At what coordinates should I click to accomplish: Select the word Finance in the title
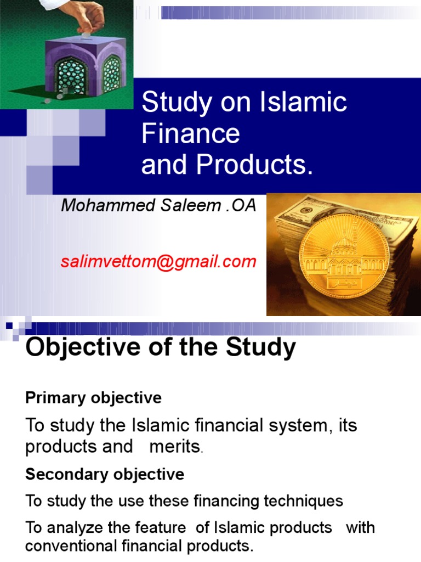point(190,134)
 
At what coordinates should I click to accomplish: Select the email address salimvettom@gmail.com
point(158,261)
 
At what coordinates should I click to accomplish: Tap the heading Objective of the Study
point(161,347)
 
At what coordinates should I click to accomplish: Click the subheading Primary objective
point(93,398)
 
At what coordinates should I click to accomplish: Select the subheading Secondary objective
point(105,474)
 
